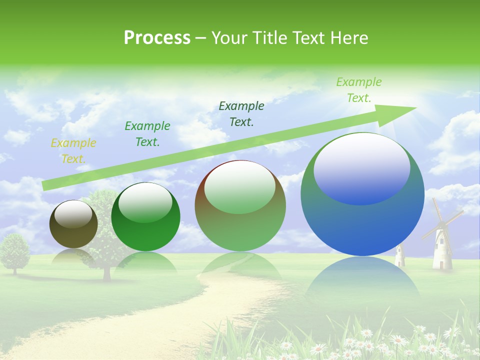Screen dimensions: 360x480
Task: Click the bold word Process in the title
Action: click(x=157, y=37)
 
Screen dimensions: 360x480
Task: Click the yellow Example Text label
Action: click(x=73, y=151)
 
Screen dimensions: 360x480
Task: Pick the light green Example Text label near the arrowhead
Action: click(x=358, y=90)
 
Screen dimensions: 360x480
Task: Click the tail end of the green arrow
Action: click(x=45, y=186)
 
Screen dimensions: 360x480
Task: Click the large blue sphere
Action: click(x=362, y=220)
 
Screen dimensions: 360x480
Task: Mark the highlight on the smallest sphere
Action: click(x=73, y=214)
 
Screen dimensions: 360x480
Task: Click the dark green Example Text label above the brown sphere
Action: click(x=241, y=113)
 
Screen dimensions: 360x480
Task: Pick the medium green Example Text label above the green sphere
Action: click(x=147, y=133)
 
